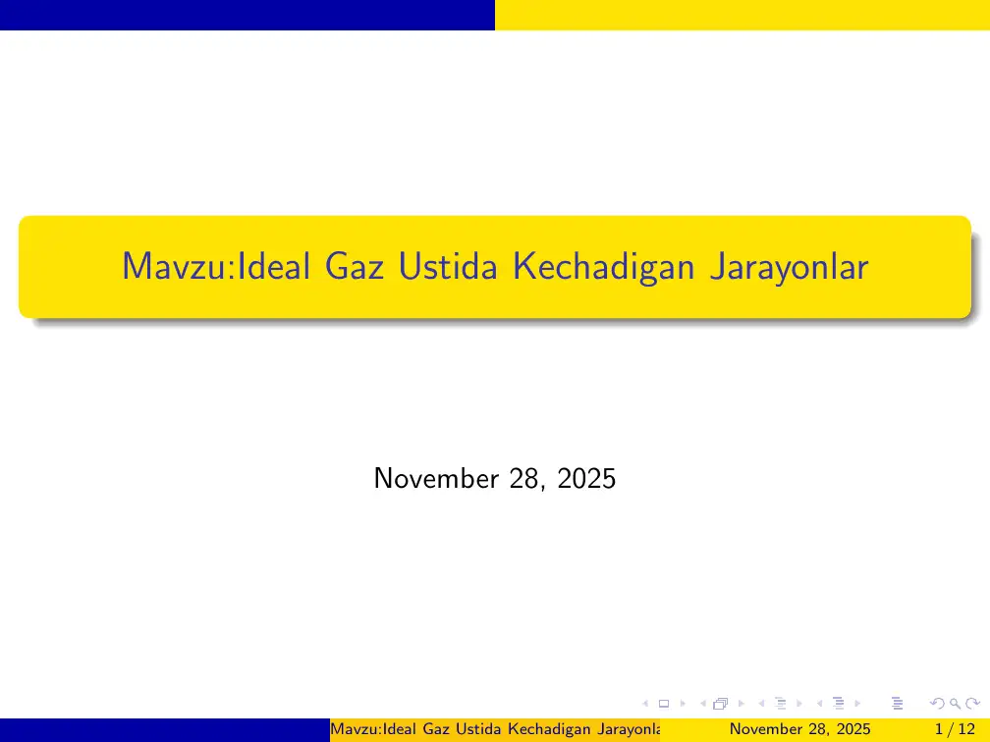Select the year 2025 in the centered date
point(586,479)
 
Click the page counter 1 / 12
point(957,729)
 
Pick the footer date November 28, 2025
point(800,729)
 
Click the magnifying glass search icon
point(954,703)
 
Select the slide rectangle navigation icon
point(663,703)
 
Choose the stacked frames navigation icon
point(721,703)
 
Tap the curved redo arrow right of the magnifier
point(972,703)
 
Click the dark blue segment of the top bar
point(247,15)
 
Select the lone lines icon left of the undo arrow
point(896,703)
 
